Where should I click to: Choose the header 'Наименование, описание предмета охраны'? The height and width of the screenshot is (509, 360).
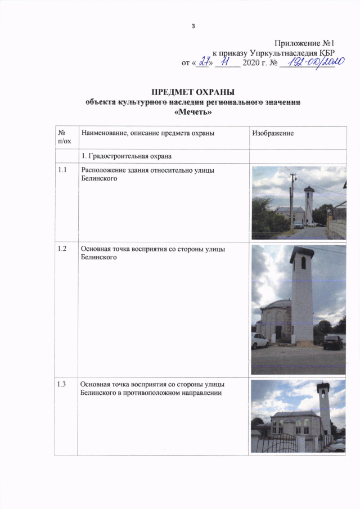point(148,133)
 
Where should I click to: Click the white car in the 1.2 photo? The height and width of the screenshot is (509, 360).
point(259,340)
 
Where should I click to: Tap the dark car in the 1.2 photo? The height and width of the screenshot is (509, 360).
point(332,341)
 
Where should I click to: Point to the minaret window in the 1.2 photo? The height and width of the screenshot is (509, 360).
point(303,263)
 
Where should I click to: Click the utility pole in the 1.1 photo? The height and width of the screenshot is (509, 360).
point(292,200)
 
